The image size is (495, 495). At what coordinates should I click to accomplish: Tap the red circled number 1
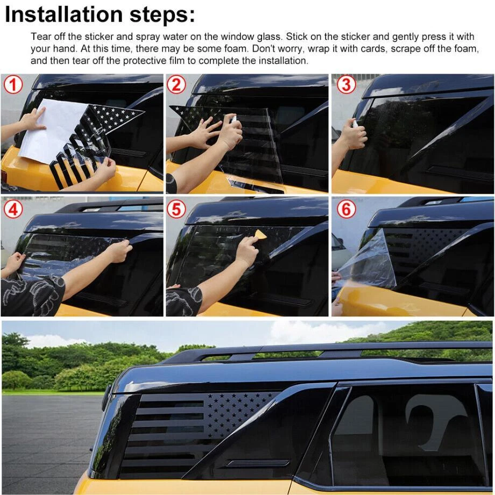click(13, 85)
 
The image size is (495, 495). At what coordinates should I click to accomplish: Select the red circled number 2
click(176, 85)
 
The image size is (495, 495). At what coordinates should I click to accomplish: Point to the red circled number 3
click(346, 85)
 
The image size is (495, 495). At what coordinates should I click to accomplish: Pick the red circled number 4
click(13, 209)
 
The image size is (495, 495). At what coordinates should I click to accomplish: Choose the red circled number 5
click(176, 209)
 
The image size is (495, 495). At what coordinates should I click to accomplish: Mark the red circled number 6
click(346, 209)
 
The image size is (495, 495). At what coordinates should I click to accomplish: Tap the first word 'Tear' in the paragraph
click(41, 37)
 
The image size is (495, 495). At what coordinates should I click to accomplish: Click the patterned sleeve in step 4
click(31, 296)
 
